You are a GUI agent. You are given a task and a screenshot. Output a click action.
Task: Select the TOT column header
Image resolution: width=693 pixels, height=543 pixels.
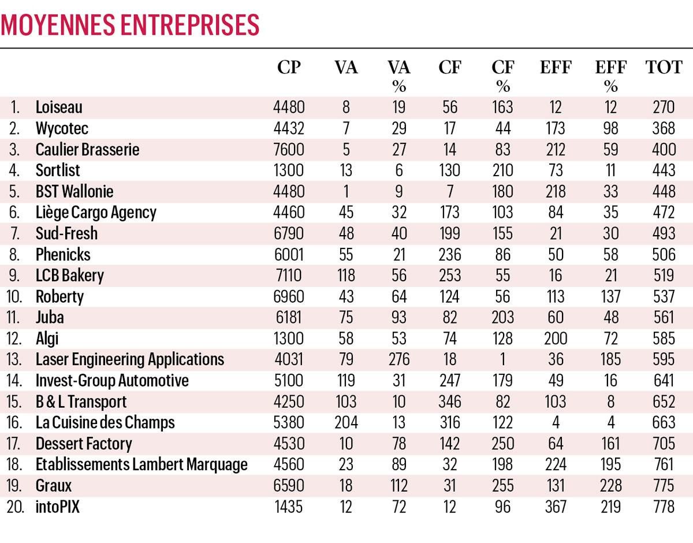(664, 68)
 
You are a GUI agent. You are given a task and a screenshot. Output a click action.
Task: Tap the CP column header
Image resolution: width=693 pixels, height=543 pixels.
(289, 68)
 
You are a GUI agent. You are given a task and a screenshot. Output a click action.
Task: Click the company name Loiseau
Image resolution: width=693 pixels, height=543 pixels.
(59, 107)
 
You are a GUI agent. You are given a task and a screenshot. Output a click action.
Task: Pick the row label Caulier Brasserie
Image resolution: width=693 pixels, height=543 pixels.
(87, 150)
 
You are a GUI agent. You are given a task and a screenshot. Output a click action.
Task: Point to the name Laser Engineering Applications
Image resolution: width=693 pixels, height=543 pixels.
(129, 359)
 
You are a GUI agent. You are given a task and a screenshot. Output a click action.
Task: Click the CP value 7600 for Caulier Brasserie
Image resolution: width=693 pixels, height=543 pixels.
(289, 150)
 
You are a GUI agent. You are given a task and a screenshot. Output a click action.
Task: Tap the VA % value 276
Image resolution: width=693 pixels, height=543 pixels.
(398, 359)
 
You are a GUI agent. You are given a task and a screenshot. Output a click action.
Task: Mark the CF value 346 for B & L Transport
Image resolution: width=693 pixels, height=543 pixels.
(449, 401)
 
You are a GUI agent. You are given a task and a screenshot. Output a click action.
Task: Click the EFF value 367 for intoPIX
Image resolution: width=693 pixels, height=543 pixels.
(556, 507)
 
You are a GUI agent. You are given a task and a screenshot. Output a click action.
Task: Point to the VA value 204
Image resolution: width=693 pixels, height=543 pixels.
(346, 422)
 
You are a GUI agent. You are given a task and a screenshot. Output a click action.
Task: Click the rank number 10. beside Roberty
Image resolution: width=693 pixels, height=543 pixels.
(14, 297)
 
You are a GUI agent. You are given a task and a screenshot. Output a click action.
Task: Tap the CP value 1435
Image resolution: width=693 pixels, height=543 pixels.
(289, 507)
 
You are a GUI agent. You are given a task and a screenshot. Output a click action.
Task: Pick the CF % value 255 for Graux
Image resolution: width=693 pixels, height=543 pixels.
(502, 486)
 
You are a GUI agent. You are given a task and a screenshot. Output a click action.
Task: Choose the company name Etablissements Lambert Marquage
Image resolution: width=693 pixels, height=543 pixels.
(141, 464)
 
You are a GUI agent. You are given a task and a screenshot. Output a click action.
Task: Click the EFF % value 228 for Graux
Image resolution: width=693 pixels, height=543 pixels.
(610, 486)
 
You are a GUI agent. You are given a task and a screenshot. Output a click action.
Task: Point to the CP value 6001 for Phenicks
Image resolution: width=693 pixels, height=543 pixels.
(289, 255)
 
